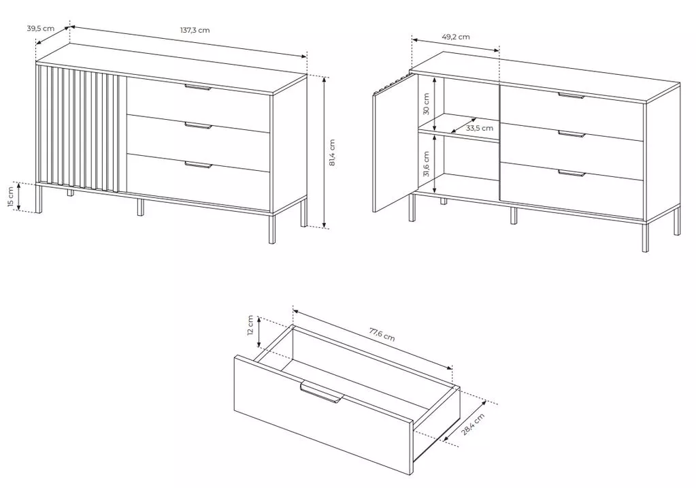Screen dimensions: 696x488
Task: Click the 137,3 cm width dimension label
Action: (x=195, y=30)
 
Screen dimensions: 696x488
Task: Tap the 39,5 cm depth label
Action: (x=40, y=29)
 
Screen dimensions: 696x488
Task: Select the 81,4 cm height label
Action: (x=333, y=152)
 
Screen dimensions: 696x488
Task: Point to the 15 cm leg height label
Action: (x=11, y=196)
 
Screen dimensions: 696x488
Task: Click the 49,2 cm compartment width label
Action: (x=456, y=37)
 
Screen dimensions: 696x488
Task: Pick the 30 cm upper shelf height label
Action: (x=427, y=103)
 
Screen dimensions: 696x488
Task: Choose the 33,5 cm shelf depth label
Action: (x=480, y=129)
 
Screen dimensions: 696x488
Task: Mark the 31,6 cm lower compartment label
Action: (x=427, y=164)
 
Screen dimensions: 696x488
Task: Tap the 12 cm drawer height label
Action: (x=250, y=325)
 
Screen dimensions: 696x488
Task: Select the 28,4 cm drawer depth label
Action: (x=473, y=424)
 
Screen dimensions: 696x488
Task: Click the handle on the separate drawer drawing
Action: (x=322, y=392)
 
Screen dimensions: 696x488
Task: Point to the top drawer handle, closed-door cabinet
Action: (x=198, y=87)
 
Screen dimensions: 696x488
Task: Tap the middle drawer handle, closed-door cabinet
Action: (x=198, y=126)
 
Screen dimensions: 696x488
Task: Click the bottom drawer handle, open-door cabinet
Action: (x=571, y=173)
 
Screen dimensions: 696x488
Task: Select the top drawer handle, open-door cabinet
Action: (x=571, y=95)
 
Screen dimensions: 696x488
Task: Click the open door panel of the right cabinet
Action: (x=395, y=143)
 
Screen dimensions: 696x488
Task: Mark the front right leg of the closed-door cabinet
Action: (x=271, y=228)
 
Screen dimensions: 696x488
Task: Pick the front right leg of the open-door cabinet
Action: (x=645, y=235)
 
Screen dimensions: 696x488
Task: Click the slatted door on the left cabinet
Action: (x=79, y=129)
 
